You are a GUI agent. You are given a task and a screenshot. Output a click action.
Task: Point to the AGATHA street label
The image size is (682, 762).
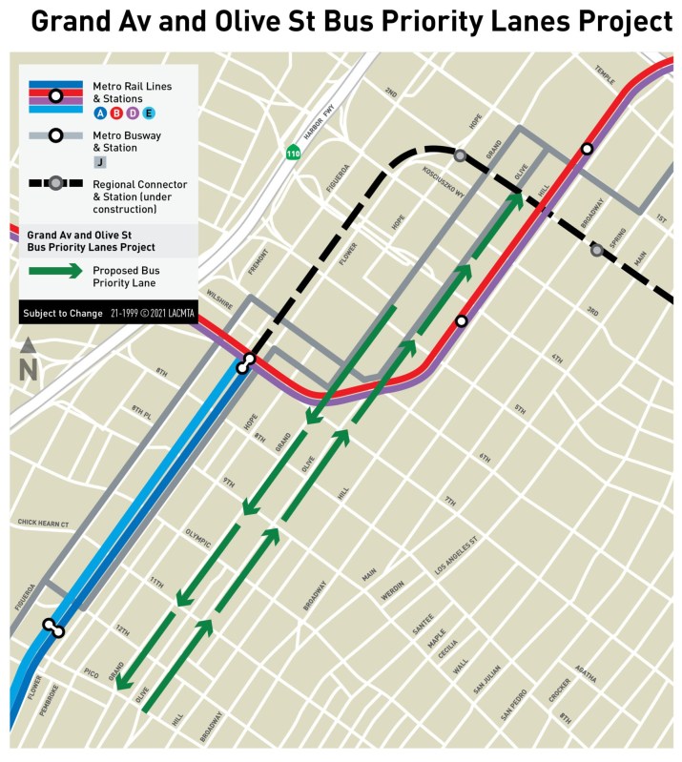586,674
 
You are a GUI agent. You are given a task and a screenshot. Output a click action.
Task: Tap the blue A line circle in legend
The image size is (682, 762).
99,113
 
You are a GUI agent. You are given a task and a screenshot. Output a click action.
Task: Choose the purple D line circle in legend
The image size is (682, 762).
133,113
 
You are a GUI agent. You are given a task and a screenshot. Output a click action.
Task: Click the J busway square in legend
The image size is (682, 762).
99,163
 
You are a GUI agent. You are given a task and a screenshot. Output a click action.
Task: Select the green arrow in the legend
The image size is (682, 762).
55,271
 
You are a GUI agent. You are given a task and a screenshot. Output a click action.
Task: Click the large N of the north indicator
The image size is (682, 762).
29,368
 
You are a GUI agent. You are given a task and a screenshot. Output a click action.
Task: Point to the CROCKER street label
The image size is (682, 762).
560,693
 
